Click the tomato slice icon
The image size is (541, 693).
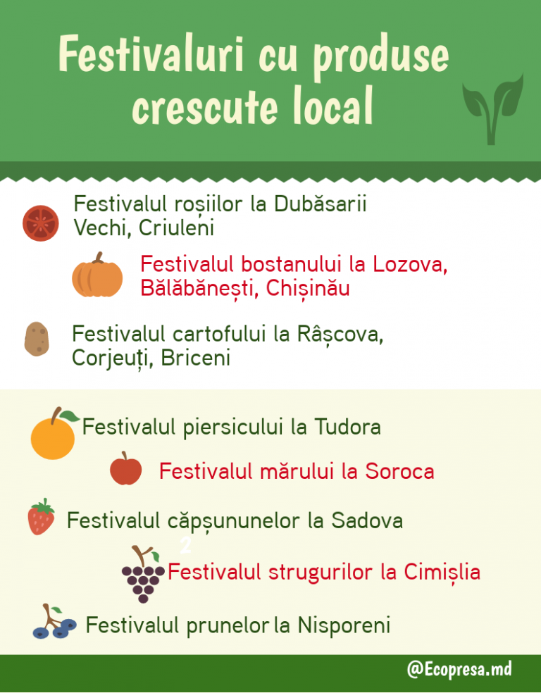(x=41, y=223)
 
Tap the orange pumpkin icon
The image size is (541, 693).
(x=97, y=275)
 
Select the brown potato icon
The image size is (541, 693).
(x=37, y=339)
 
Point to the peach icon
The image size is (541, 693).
(x=54, y=433)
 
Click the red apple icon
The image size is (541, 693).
(x=126, y=468)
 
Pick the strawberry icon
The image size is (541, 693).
(x=41, y=517)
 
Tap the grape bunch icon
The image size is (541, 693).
(x=143, y=575)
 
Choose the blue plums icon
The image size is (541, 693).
(x=54, y=622)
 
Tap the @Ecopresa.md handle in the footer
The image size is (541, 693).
(x=459, y=669)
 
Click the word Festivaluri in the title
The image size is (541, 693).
(x=151, y=55)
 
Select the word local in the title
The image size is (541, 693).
(x=332, y=106)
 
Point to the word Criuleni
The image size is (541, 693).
(x=176, y=228)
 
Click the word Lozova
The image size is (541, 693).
(x=410, y=265)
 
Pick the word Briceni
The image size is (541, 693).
(x=195, y=358)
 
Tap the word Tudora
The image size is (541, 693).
(x=347, y=427)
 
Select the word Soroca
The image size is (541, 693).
(x=399, y=472)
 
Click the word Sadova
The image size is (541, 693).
(x=367, y=520)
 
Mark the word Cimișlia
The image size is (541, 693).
(x=442, y=573)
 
